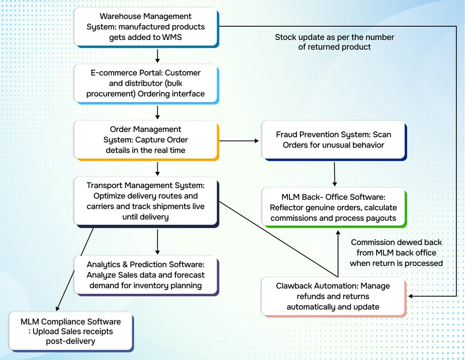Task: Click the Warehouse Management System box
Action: click(x=146, y=27)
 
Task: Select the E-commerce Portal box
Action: click(x=146, y=84)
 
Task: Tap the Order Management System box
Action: click(x=146, y=140)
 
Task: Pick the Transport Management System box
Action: click(x=146, y=202)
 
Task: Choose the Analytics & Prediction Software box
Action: click(x=146, y=275)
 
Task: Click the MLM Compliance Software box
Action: click(x=71, y=332)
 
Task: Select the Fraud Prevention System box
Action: click(x=334, y=141)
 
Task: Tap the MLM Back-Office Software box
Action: click(x=334, y=208)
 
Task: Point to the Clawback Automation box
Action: click(x=334, y=297)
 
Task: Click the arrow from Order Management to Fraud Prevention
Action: click(x=239, y=141)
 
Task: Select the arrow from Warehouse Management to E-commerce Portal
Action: click(x=157, y=56)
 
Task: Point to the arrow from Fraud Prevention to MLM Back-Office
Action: click(x=334, y=174)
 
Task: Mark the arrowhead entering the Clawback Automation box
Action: click(x=411, y=296)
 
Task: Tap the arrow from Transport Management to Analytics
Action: click(x=157, y=242)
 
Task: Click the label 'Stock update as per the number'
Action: click(x=334, y=37)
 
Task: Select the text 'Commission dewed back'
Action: click(x=397, y=242)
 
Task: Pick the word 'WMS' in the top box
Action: click(x=172, y=37)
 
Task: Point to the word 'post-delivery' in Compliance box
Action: click(x=71, y=341)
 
